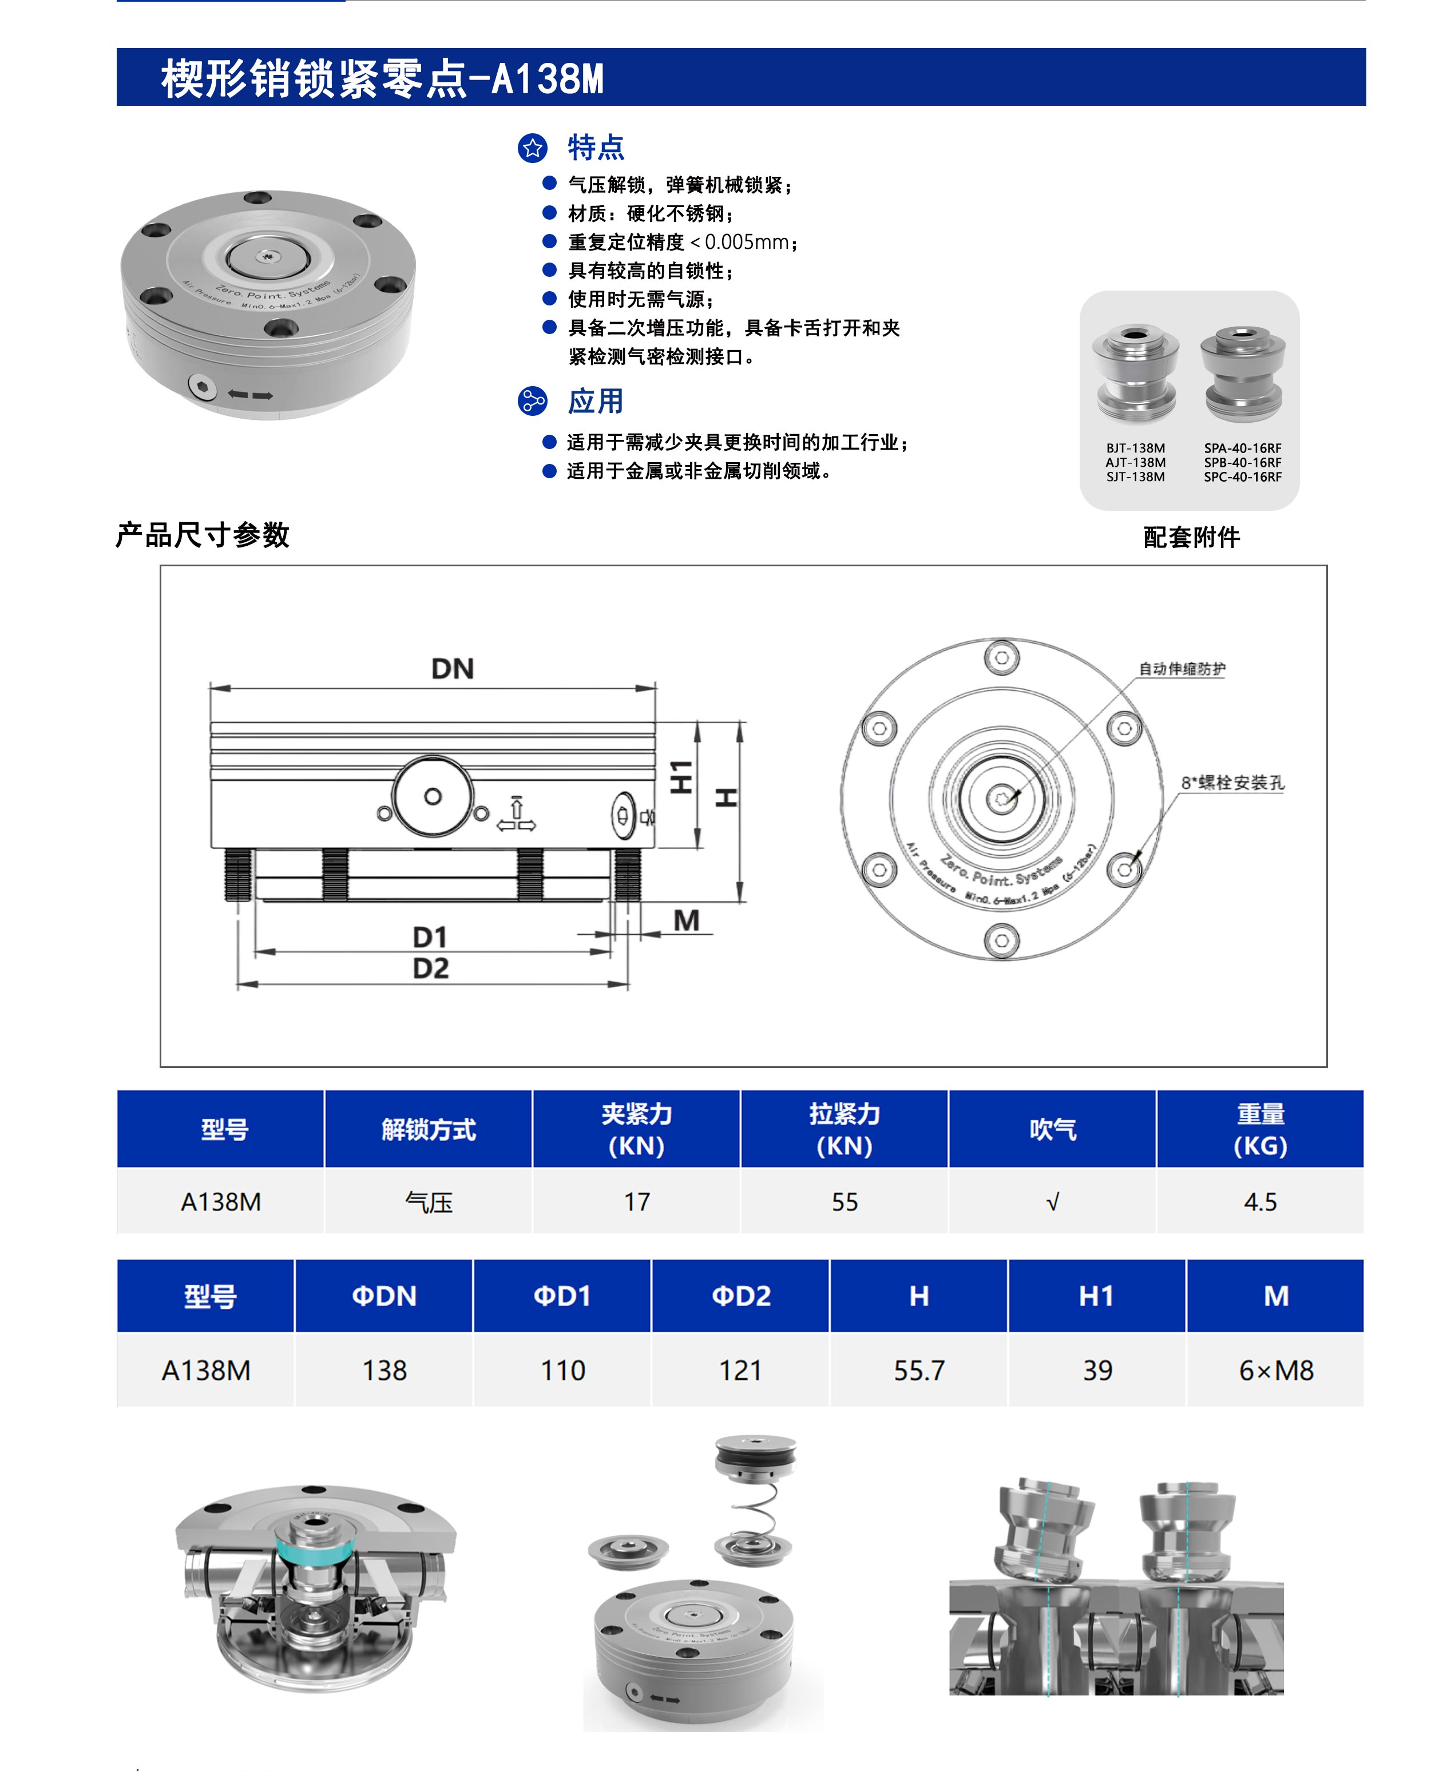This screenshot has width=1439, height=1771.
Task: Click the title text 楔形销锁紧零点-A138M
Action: pos(382,79)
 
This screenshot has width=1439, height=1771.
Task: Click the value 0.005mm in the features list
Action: pos(746,242)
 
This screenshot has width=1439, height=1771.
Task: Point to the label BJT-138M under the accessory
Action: pos(1135,448)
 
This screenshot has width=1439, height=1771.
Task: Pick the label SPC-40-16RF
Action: pos(1243,477)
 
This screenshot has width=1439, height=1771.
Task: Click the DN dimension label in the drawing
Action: pos(453,669)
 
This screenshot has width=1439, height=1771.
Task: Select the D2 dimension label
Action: pos(431,968)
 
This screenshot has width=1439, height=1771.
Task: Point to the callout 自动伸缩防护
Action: pos(1181,669)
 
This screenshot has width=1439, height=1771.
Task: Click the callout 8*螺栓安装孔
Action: pos(1232,783)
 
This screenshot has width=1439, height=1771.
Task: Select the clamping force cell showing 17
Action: pos(637,1202)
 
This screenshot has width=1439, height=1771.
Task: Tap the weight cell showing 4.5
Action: pos(1260,1202)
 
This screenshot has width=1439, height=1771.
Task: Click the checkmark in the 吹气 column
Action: pos(1053,1202)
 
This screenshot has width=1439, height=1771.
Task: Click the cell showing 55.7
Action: pos(918,1371)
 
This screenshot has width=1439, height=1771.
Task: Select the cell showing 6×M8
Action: pos(1276,1371)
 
